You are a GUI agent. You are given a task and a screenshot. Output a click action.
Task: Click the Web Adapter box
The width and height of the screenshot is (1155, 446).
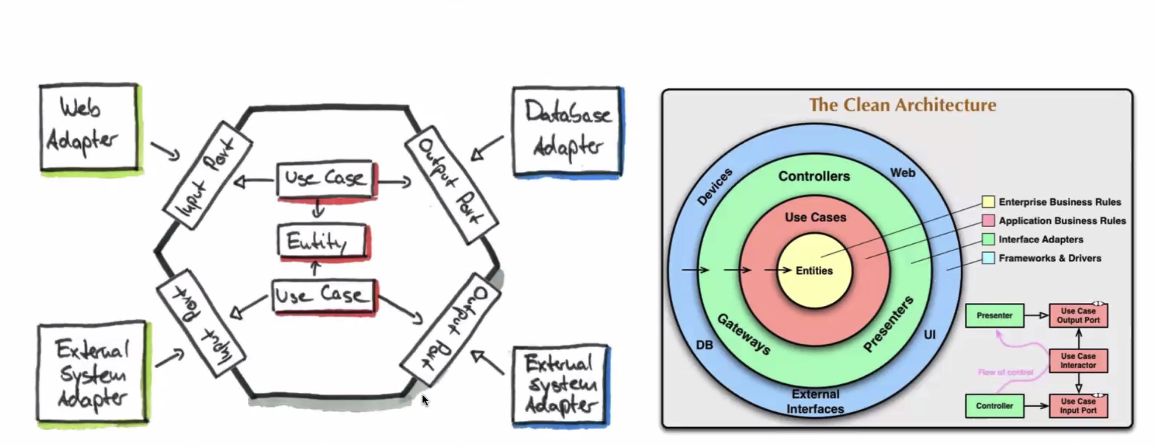tap(89, 127)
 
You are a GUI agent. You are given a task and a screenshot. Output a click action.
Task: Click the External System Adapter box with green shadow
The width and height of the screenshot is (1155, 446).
tap(92, 372)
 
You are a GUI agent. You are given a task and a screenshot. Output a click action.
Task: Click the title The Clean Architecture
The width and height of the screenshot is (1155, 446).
tap(902, 105)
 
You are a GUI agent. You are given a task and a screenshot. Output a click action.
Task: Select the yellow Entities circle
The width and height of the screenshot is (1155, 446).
tap(814, 270)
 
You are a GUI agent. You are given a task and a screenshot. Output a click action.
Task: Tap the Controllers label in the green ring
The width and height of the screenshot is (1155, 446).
tap(814, 176)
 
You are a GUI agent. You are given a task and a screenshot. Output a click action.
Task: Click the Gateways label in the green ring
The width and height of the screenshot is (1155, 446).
tap(744, 334)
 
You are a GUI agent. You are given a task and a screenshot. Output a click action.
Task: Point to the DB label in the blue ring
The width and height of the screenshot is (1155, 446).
tap(704, 345)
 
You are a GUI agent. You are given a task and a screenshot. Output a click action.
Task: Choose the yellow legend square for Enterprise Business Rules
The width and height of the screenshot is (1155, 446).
tap(988, 202)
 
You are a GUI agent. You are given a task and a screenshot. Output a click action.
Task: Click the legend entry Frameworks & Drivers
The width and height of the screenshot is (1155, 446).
tap(1049, 258)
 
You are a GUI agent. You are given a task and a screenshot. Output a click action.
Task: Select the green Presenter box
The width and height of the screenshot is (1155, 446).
tap(994, 315)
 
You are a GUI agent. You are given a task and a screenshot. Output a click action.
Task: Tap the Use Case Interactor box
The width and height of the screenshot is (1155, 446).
tap(1078, 361)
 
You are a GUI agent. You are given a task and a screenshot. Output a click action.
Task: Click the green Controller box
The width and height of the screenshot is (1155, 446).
tap(994, 406)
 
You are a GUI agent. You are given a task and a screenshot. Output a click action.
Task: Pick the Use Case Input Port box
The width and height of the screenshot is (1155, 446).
tap(1078, 406)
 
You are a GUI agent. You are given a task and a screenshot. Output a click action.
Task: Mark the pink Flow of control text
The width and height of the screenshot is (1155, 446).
tap(1005, 372)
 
